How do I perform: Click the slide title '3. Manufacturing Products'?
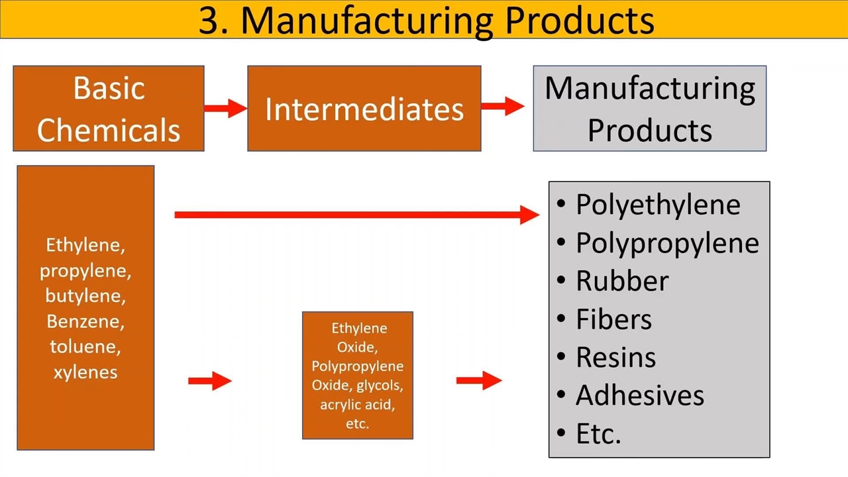coord(426,19)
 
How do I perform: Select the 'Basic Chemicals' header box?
coord(109,109)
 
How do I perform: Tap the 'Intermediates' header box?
coord(364,109)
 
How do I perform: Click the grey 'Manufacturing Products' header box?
coord(649,109)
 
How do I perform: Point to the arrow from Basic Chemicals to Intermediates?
coord(225,108)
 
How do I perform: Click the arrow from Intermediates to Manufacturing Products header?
coord(503,106)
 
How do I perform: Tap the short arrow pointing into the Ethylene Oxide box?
coord(210,380)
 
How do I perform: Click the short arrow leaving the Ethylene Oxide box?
coord(479,380)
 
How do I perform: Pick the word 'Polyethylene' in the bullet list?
coord(657,205)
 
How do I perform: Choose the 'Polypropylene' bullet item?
coord(666,243)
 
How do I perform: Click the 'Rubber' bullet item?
coord(621,281)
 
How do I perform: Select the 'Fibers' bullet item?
coord(613,319)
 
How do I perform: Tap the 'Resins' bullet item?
coord(615,357)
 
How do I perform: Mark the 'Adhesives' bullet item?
coord(639,396)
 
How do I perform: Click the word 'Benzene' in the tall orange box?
coord(85,321)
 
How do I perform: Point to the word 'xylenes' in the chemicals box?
coord(85,372)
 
